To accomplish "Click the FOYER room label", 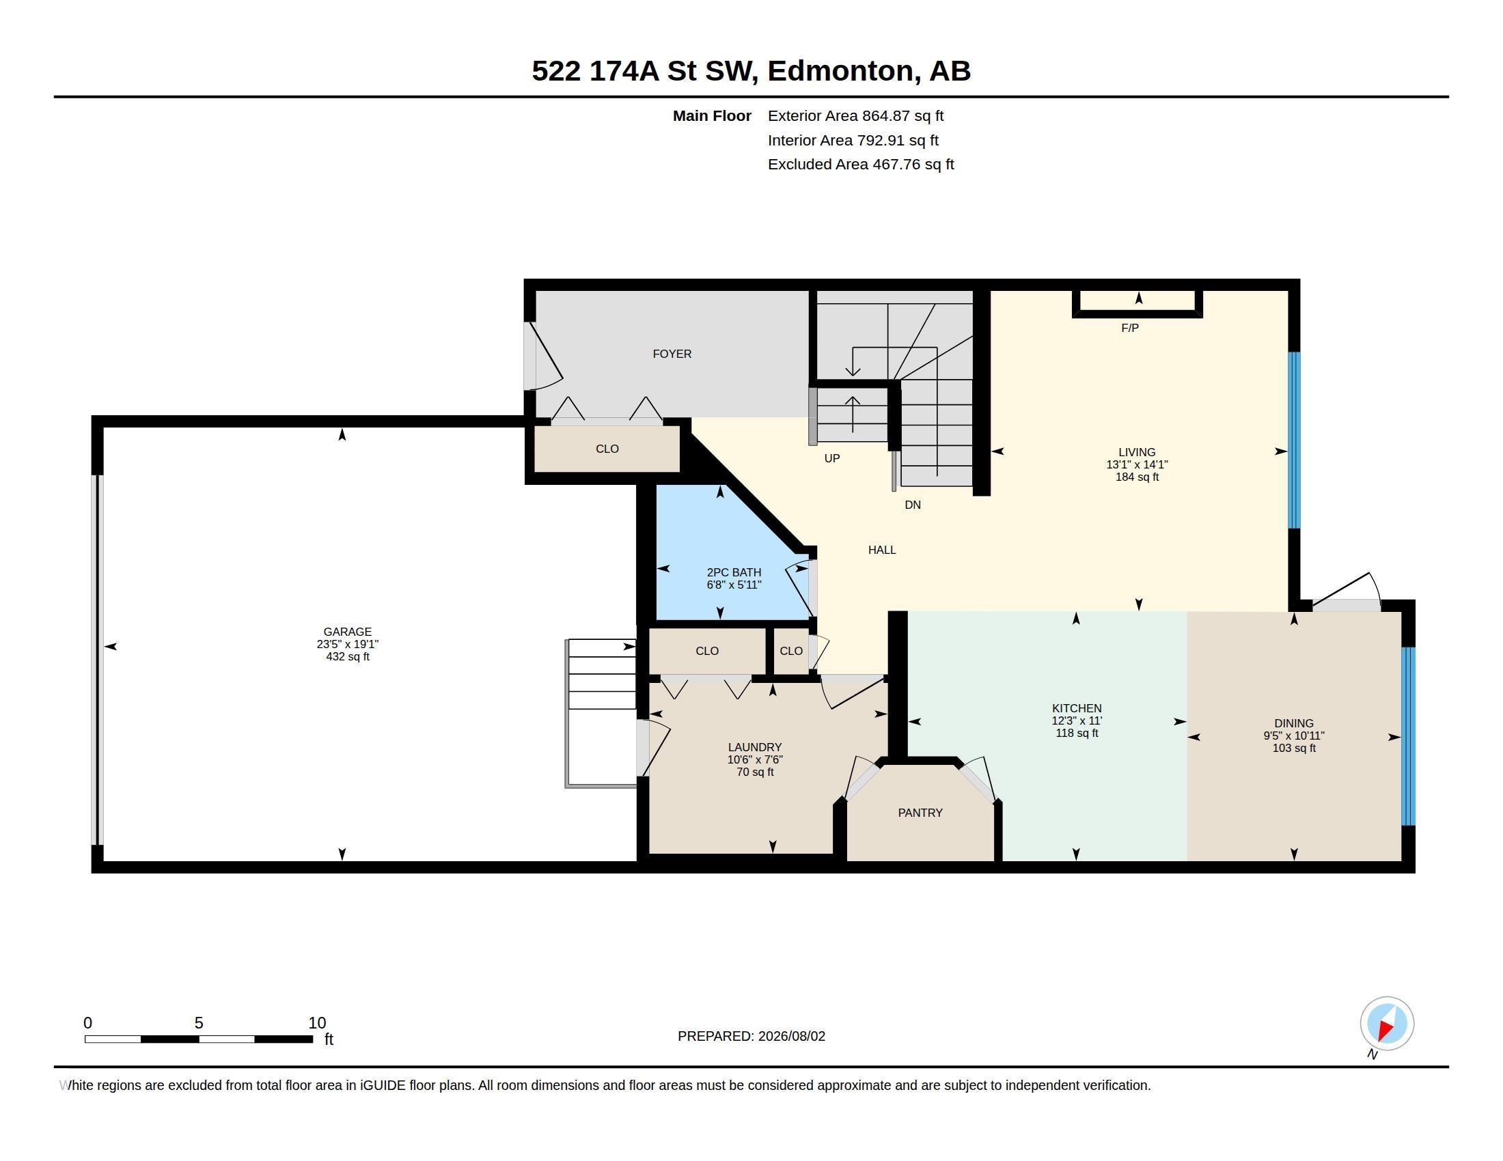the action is (672, 354).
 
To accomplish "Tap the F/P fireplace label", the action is (1129, 328).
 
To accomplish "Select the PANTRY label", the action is (920, 812).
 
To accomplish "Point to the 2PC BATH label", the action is (734, 572).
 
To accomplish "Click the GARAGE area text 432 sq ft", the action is (348, 657).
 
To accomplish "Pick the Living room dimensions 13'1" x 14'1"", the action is (1137, 465).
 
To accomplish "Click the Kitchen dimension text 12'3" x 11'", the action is (1076, 721).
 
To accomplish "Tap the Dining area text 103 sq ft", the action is (1294, 749).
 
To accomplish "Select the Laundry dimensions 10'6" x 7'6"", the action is (755, 760).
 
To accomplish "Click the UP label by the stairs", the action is (832, 458).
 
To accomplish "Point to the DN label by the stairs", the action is (913, 505).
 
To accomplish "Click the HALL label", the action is (881, 550).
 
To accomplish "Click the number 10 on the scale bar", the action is (317, 1023).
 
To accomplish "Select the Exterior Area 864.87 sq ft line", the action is (855, 115).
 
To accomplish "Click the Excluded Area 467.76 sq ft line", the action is (861, 164).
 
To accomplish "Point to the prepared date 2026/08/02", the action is (791, 1036).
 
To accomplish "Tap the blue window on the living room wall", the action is (1294, 440).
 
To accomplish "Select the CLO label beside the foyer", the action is (607, 449).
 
